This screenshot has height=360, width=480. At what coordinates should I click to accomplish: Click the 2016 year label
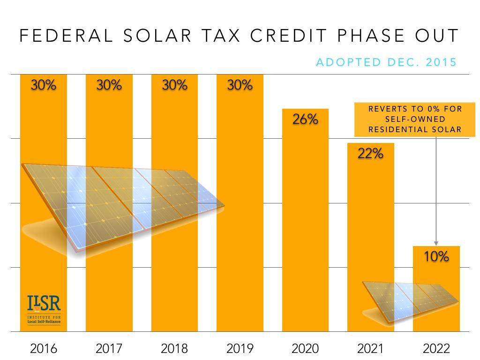[x=43, y=349]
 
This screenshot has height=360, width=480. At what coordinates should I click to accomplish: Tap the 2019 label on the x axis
[x=240, y=349]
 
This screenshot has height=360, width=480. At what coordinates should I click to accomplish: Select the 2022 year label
[x=436, y=349]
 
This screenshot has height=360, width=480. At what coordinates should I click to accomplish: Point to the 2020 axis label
[x=305, y=349]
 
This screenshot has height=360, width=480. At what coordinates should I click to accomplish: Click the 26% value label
[x=305, y=120]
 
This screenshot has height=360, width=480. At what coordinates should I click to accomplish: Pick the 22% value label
[x=370, y=153]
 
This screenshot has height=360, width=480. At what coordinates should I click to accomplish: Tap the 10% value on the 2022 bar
[x=436, y=256]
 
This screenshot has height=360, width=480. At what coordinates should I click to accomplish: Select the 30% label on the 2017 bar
[x=109, y=85]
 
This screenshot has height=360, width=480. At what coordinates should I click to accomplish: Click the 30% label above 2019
[x=240, y=85]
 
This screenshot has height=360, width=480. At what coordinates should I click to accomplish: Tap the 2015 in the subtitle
[x=441, y=62]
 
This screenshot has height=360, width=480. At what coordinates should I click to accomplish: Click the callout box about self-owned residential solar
[x=415, y=119]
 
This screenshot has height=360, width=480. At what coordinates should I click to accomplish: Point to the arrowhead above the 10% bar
[x=436, y=243]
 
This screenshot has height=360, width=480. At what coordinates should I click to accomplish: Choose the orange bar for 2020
[x=305, y=225]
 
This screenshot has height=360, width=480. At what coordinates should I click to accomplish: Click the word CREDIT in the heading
[x=288, y=36]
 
